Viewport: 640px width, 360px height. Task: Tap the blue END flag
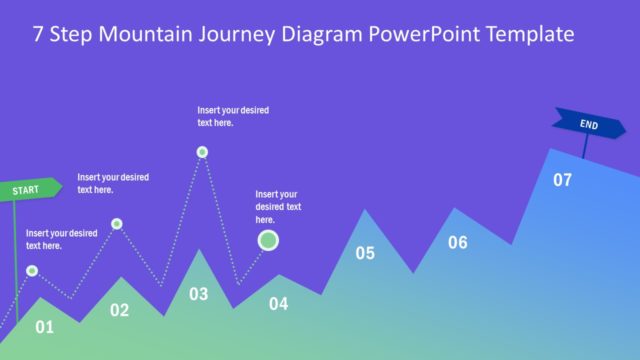(590, 124)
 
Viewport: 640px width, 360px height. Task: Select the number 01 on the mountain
(45, 326)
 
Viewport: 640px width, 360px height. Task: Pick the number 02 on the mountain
(120, 311)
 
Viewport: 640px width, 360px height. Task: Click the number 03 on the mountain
(199, 294)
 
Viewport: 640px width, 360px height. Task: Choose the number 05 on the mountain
(365, 253)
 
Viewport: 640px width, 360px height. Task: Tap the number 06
(458, 242)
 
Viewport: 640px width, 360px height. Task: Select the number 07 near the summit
(563, 181)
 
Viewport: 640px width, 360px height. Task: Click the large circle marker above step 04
(268, 240)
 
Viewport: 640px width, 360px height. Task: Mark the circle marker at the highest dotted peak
(202, 152)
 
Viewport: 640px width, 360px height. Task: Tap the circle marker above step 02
(117, 224)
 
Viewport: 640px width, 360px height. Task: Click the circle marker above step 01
(32, 271)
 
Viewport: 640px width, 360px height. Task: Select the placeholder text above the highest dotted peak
(233, 116)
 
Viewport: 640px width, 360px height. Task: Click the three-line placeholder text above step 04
(278, 207)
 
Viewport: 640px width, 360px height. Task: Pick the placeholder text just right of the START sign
(113, 183)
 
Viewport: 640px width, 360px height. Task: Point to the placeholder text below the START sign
(61, 239)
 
